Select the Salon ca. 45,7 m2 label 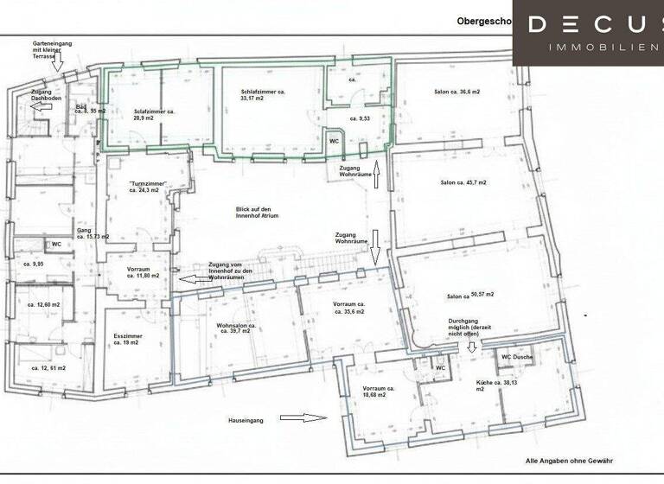tap(463, 182)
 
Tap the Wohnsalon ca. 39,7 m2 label tap(226, 331)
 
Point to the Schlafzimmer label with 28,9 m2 tap(155, 114)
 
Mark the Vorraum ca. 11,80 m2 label tap(142, 272)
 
